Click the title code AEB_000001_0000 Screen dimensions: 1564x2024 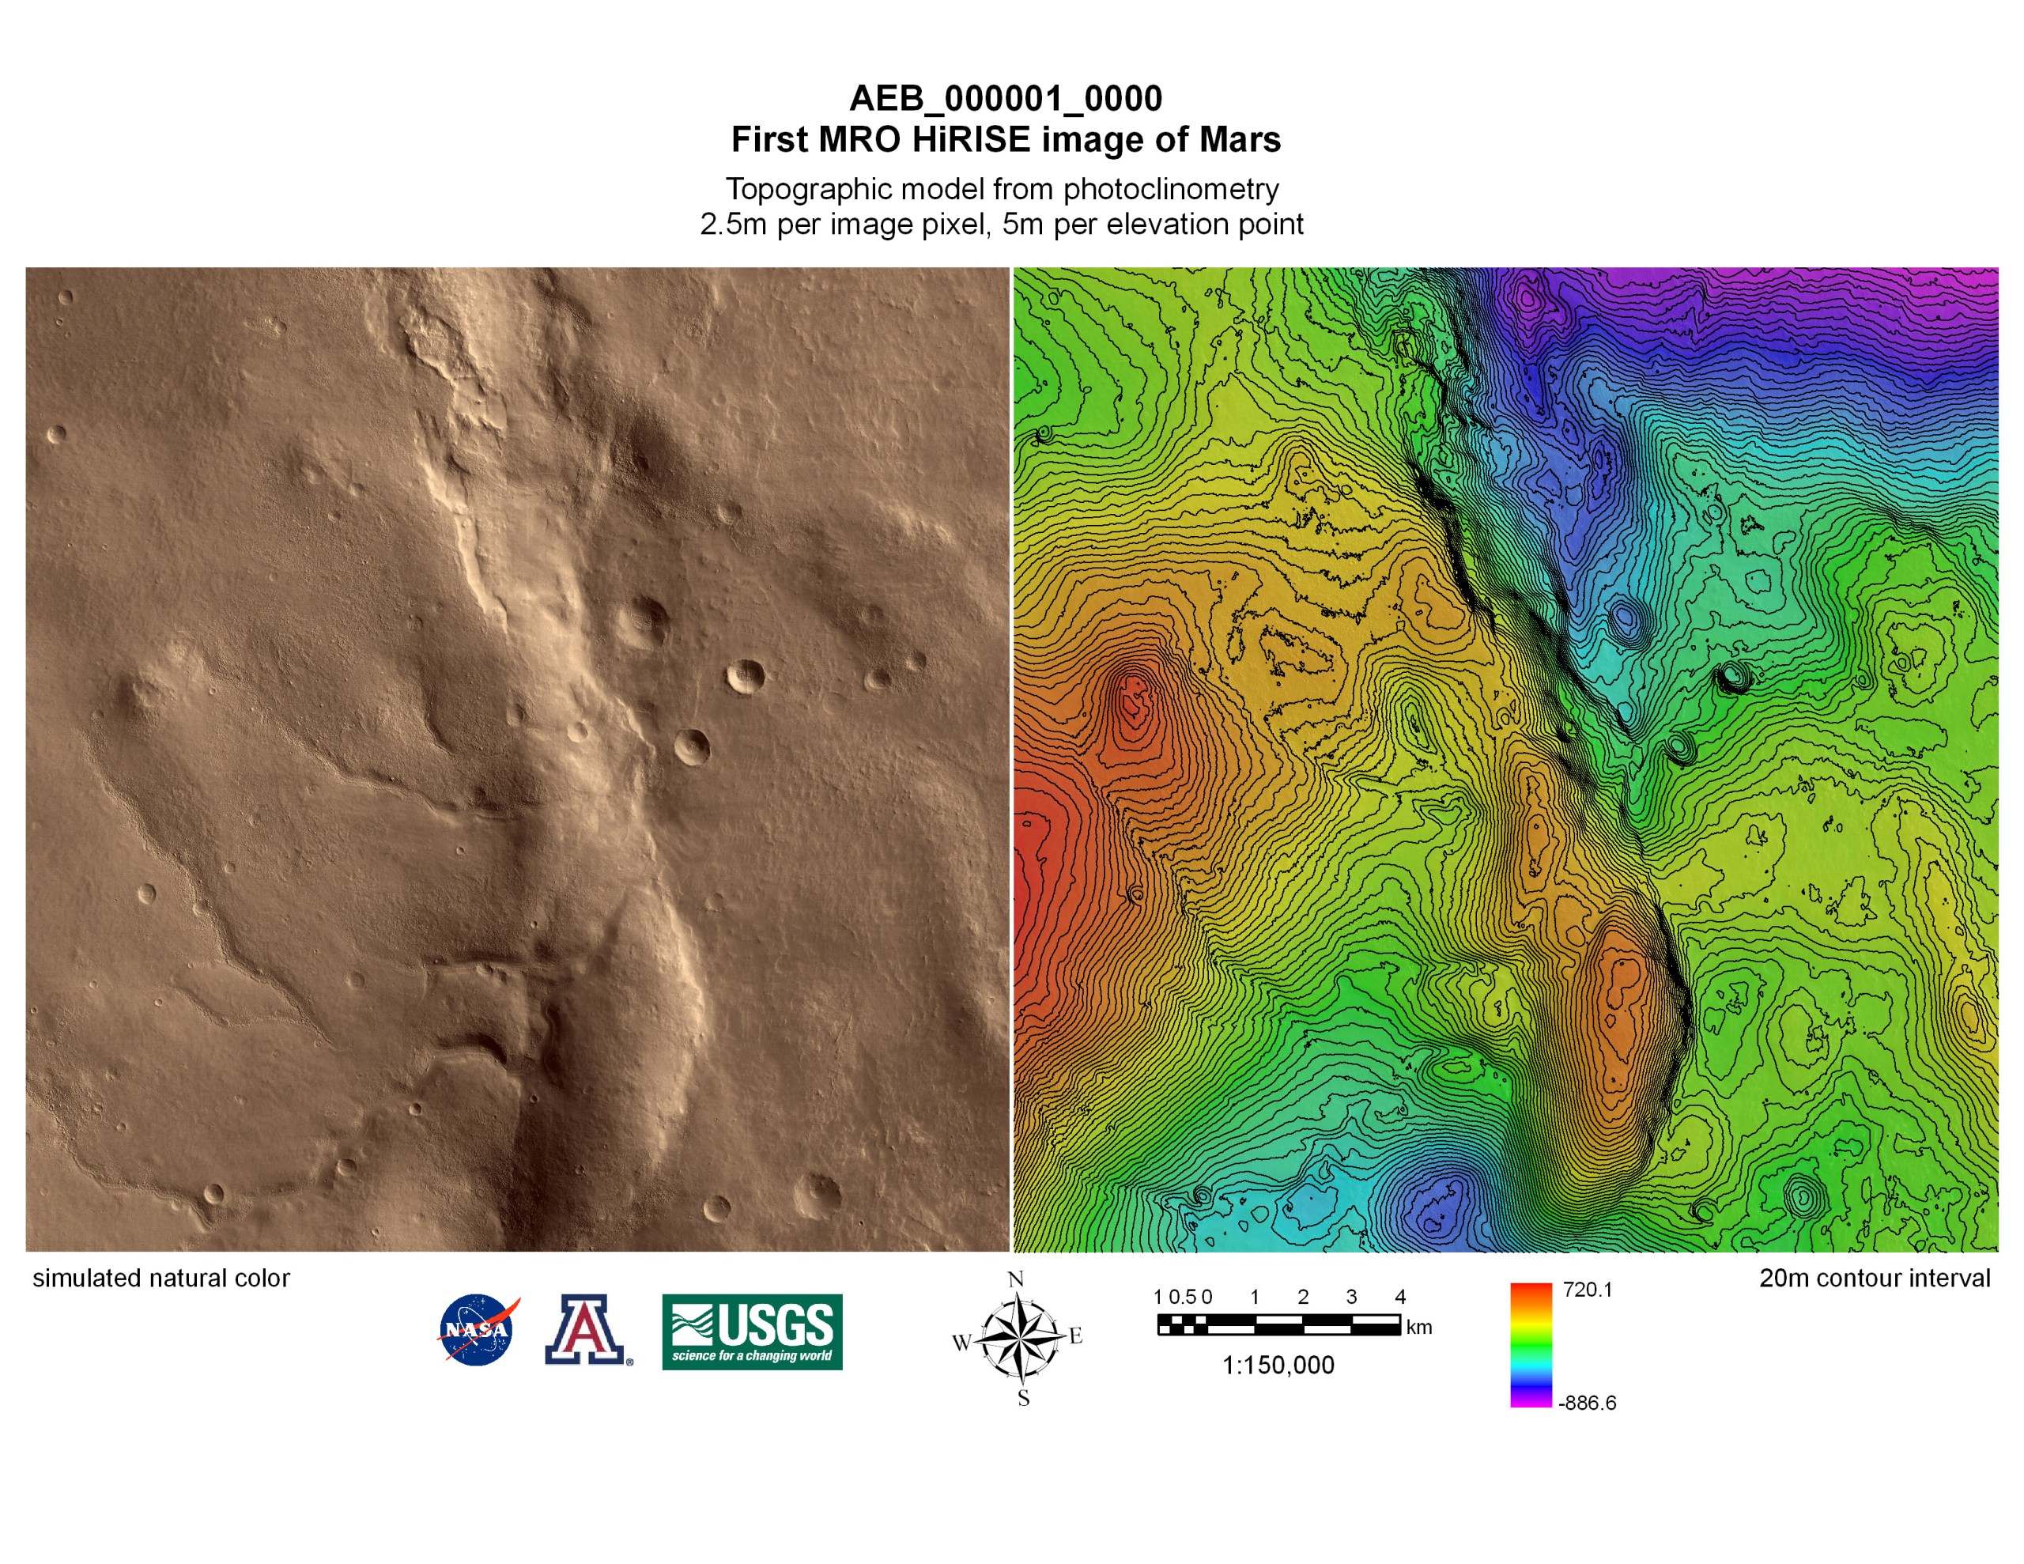click(x=1006, y=98)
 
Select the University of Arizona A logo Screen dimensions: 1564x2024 click(x=586, y=1329)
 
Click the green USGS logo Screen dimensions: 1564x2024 click(x=752, y=1332)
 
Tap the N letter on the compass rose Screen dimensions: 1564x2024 click(x=1016, y=1279)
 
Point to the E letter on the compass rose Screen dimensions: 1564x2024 click(x=1076, y=1336)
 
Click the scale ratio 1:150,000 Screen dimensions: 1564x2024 click(x=1278, y=1366)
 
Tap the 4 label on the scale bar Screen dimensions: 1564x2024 click(x=1400, y=1297)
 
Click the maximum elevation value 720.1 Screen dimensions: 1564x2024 click(x=1588, y=1290)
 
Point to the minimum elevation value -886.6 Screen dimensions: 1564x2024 click(x=1587, y=1403)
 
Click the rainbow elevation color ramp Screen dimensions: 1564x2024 click(x=1531, y=1345)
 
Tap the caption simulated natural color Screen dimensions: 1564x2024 click(x=161, y=1279)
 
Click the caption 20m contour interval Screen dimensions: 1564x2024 click(x=1875, y=1279)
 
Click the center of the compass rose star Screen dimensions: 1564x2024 click(x=1019, y=1339)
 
